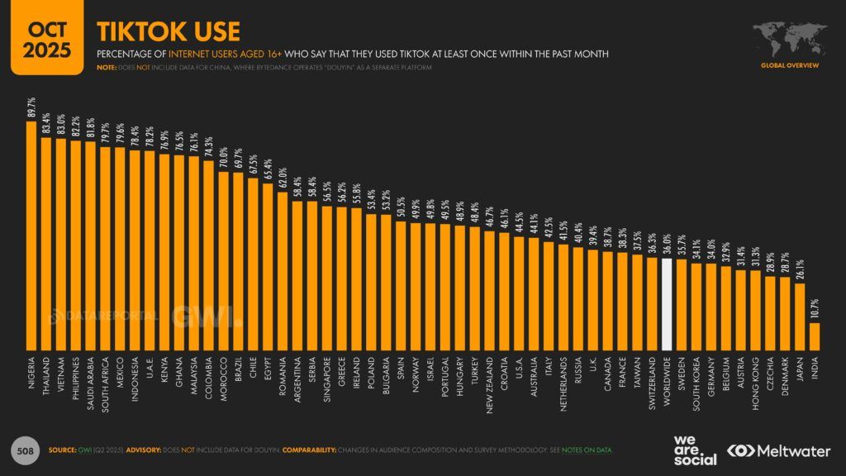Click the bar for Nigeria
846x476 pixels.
tap(32, 236)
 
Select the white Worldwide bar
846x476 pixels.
tap(668, 306)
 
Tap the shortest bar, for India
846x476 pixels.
tap(814, 336)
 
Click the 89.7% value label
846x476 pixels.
tap(32, 107)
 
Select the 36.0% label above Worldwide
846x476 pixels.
tap(668, 247)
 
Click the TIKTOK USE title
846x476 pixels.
tap(169, 31)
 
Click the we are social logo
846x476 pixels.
tap(694, 451)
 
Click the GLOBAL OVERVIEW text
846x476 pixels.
tap(789, 64)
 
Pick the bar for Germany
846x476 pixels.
tap(711, 307)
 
